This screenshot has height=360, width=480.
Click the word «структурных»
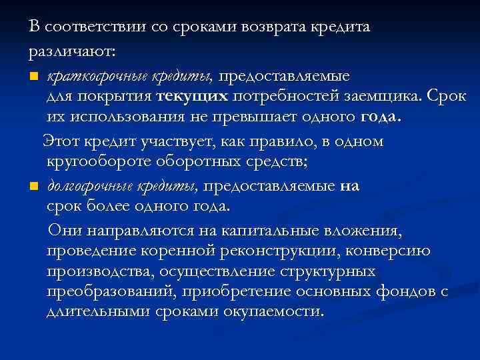click(x=337, y=272)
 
